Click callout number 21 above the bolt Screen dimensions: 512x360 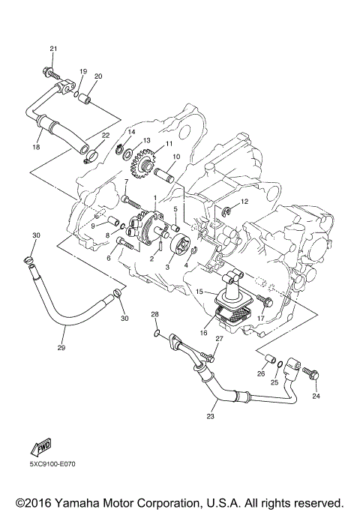point(52,49)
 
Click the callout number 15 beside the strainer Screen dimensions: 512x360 point(199,290)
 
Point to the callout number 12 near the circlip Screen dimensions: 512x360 point(244,202)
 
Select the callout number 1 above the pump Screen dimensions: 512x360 point(154,197)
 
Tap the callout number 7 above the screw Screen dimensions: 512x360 point(126,181)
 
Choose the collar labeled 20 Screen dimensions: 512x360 point(87,98)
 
